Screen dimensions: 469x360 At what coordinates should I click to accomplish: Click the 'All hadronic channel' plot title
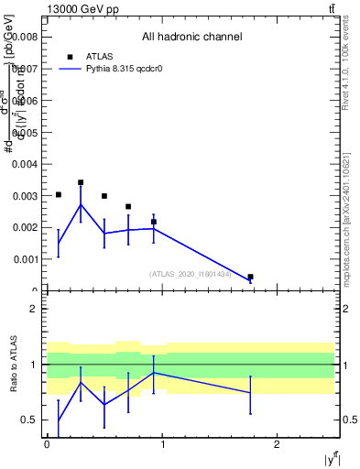191,38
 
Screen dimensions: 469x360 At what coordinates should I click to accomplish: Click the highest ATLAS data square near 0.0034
81,182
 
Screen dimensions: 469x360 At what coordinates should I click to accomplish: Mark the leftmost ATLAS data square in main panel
59,194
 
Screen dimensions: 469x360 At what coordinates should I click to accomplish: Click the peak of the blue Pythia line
81,204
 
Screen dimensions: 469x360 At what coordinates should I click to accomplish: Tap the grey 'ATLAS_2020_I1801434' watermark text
190,274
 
